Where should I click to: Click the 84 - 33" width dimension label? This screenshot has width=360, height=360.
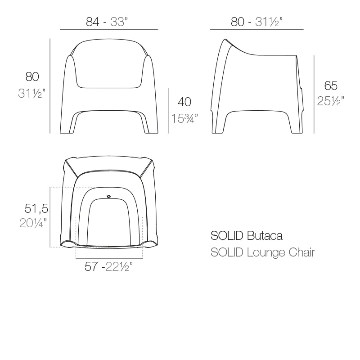tap(109, 21)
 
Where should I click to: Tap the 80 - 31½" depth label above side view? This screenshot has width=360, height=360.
tap(256, 21)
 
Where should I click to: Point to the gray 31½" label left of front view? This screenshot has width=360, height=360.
tap(32, 94)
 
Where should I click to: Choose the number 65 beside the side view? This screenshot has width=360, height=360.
tap(331, 85)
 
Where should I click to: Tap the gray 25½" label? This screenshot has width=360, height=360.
tap(331, 101)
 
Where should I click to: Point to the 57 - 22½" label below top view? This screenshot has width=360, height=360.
tap(108, 267)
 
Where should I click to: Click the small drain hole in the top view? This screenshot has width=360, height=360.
tap(109, 196)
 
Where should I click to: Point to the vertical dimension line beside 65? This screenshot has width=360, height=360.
tap(314, 94)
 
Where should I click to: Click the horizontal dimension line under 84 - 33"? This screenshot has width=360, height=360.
tap(109, 29)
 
